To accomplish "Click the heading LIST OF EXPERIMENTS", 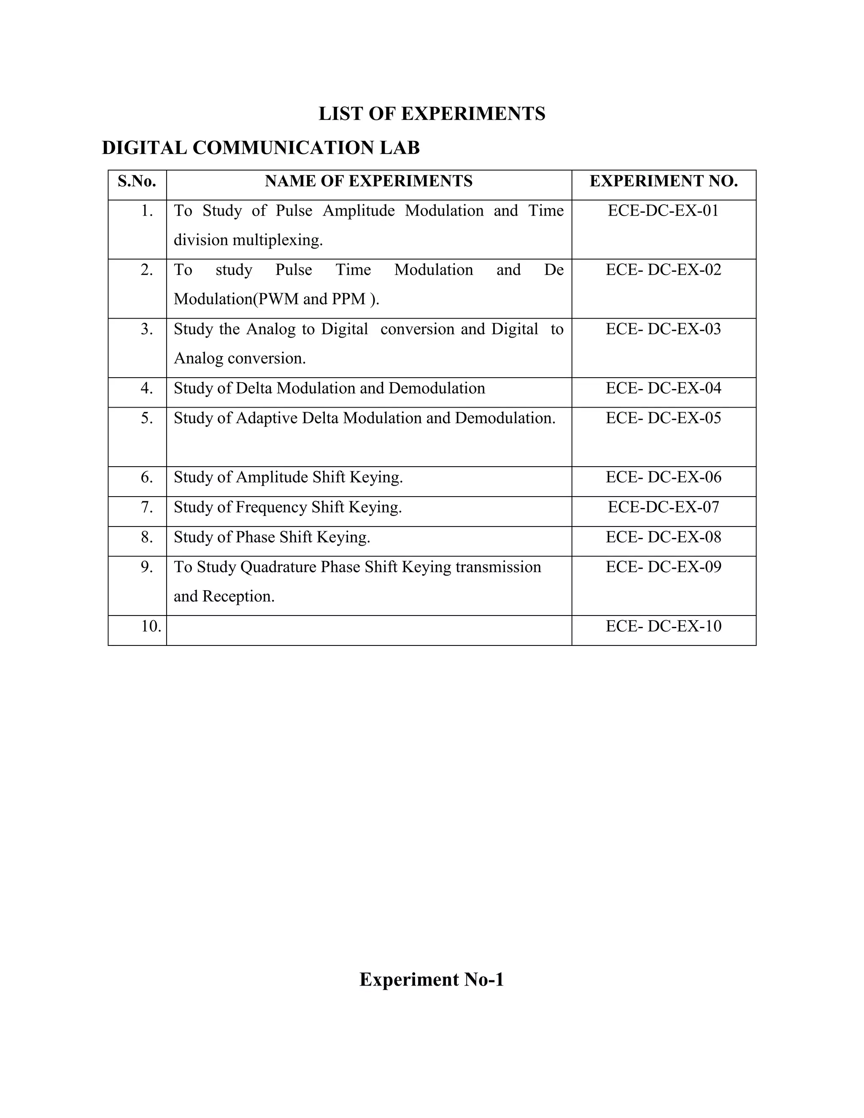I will [432, 113].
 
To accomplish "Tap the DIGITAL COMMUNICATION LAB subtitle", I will [261, 148].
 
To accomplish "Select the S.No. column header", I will [137, 181].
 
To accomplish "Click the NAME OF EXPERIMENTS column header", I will [369, 181].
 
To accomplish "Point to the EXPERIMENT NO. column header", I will [663, 181].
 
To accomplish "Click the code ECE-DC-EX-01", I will [663, 211].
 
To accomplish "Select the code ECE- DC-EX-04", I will [663, 389].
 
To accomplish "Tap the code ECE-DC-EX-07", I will [663, 507].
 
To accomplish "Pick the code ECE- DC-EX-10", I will [663, 626].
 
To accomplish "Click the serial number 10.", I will [151, 626].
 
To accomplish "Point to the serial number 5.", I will [147, 418].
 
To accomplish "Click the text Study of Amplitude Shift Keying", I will [288, 478].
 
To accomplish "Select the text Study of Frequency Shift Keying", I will [288, 507].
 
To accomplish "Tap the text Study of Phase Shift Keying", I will [272, 537].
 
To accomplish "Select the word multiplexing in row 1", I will [278, 240].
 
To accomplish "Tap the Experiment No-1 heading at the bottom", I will [432, 979].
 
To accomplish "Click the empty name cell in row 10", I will [369, 630].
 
